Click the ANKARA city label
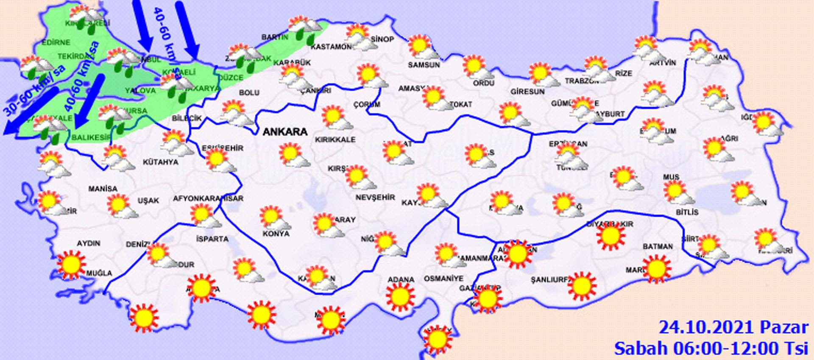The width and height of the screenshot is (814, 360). tap(285, 132)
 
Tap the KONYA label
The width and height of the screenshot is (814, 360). tap(276, 234)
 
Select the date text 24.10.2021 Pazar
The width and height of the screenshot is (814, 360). tap(733, 327)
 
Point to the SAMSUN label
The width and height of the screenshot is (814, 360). tap(424, 65)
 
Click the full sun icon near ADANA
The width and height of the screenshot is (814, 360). tap(400, 296)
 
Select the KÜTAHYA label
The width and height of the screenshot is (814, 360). tap(160, 162)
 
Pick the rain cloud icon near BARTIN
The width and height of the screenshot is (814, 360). tap(304, 29)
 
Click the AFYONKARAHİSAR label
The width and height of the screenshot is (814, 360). tap(208, 198)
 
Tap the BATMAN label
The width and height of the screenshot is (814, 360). tap(658, 246)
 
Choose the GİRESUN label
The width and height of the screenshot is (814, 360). tap(527, 92)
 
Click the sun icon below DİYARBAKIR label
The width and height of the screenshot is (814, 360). tap(610, 236)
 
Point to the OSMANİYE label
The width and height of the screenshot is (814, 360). tap(443, 279)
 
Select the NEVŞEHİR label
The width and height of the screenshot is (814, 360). tap(375, 197)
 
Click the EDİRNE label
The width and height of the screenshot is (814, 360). tap(56, 43)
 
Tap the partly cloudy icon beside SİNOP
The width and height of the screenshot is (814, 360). tap(359, 37)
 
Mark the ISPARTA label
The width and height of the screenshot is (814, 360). tap(212, 239)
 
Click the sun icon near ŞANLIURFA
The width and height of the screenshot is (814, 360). tap(582, 285)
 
